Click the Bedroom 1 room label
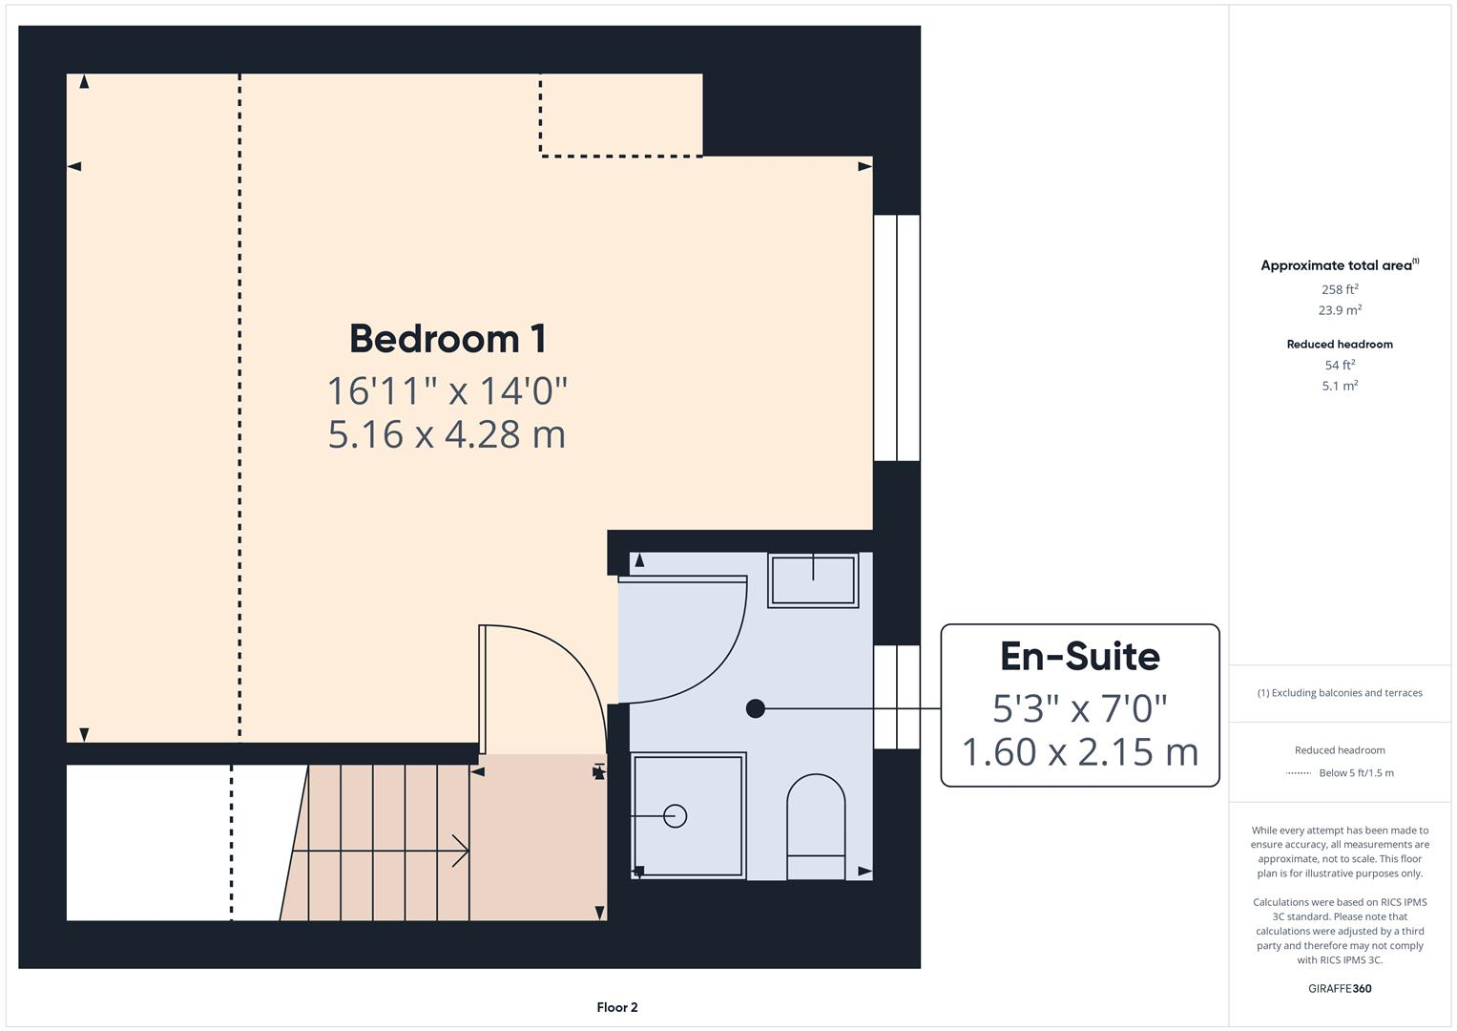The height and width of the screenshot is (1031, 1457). (x=447, y=339)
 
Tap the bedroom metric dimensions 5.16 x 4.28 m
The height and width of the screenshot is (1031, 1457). (x=447, y=434)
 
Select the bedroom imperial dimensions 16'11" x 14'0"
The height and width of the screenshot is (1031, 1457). (x=447, y=390)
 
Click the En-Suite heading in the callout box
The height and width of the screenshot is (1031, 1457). (x=1079, y=657)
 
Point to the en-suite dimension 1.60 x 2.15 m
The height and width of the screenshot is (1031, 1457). (x=1079, y=752)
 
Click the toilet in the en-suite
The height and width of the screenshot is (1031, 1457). (x=815, y=827)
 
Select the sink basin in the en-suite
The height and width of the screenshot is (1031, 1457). (x=813, y=580)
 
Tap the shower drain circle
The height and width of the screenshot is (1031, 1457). (x=675, y=816)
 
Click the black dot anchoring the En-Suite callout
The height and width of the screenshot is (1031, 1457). (x=755, y=708)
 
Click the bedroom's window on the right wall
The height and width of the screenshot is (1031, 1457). (x=897, y=338)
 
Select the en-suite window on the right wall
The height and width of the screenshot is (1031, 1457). (x=897, y=697)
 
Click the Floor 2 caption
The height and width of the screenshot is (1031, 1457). (x=616, y=1007)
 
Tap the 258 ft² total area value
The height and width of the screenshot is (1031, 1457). (x=1339, y=289)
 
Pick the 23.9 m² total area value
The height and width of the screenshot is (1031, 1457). (x=1339, y=310)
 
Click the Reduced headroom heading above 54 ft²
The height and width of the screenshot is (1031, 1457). (x=1339, y=344)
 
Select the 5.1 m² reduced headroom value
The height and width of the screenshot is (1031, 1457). (x=1339, y=386)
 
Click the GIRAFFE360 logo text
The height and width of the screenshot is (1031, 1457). (x=1339, y=988)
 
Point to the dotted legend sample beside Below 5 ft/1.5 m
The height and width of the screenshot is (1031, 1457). (x=1298, y=773)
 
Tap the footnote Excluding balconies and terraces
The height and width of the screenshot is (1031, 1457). (x=1339, y=693)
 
